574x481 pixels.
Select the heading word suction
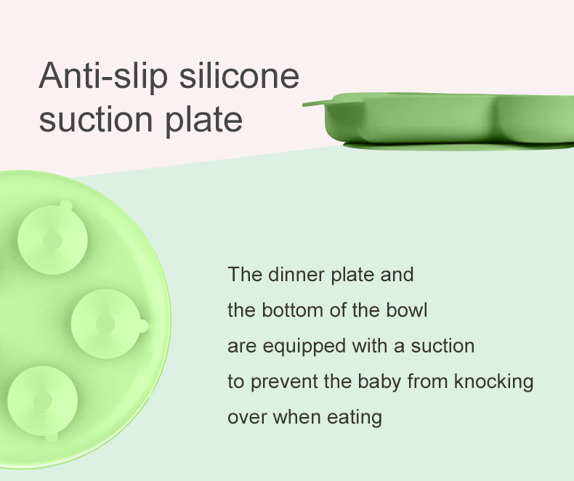95,118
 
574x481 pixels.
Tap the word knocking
494,382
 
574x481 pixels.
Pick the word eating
355,418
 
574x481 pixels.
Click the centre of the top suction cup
52,240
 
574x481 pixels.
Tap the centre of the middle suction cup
105,324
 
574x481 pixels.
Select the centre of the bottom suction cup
42,400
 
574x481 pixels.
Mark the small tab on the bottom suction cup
51,437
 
